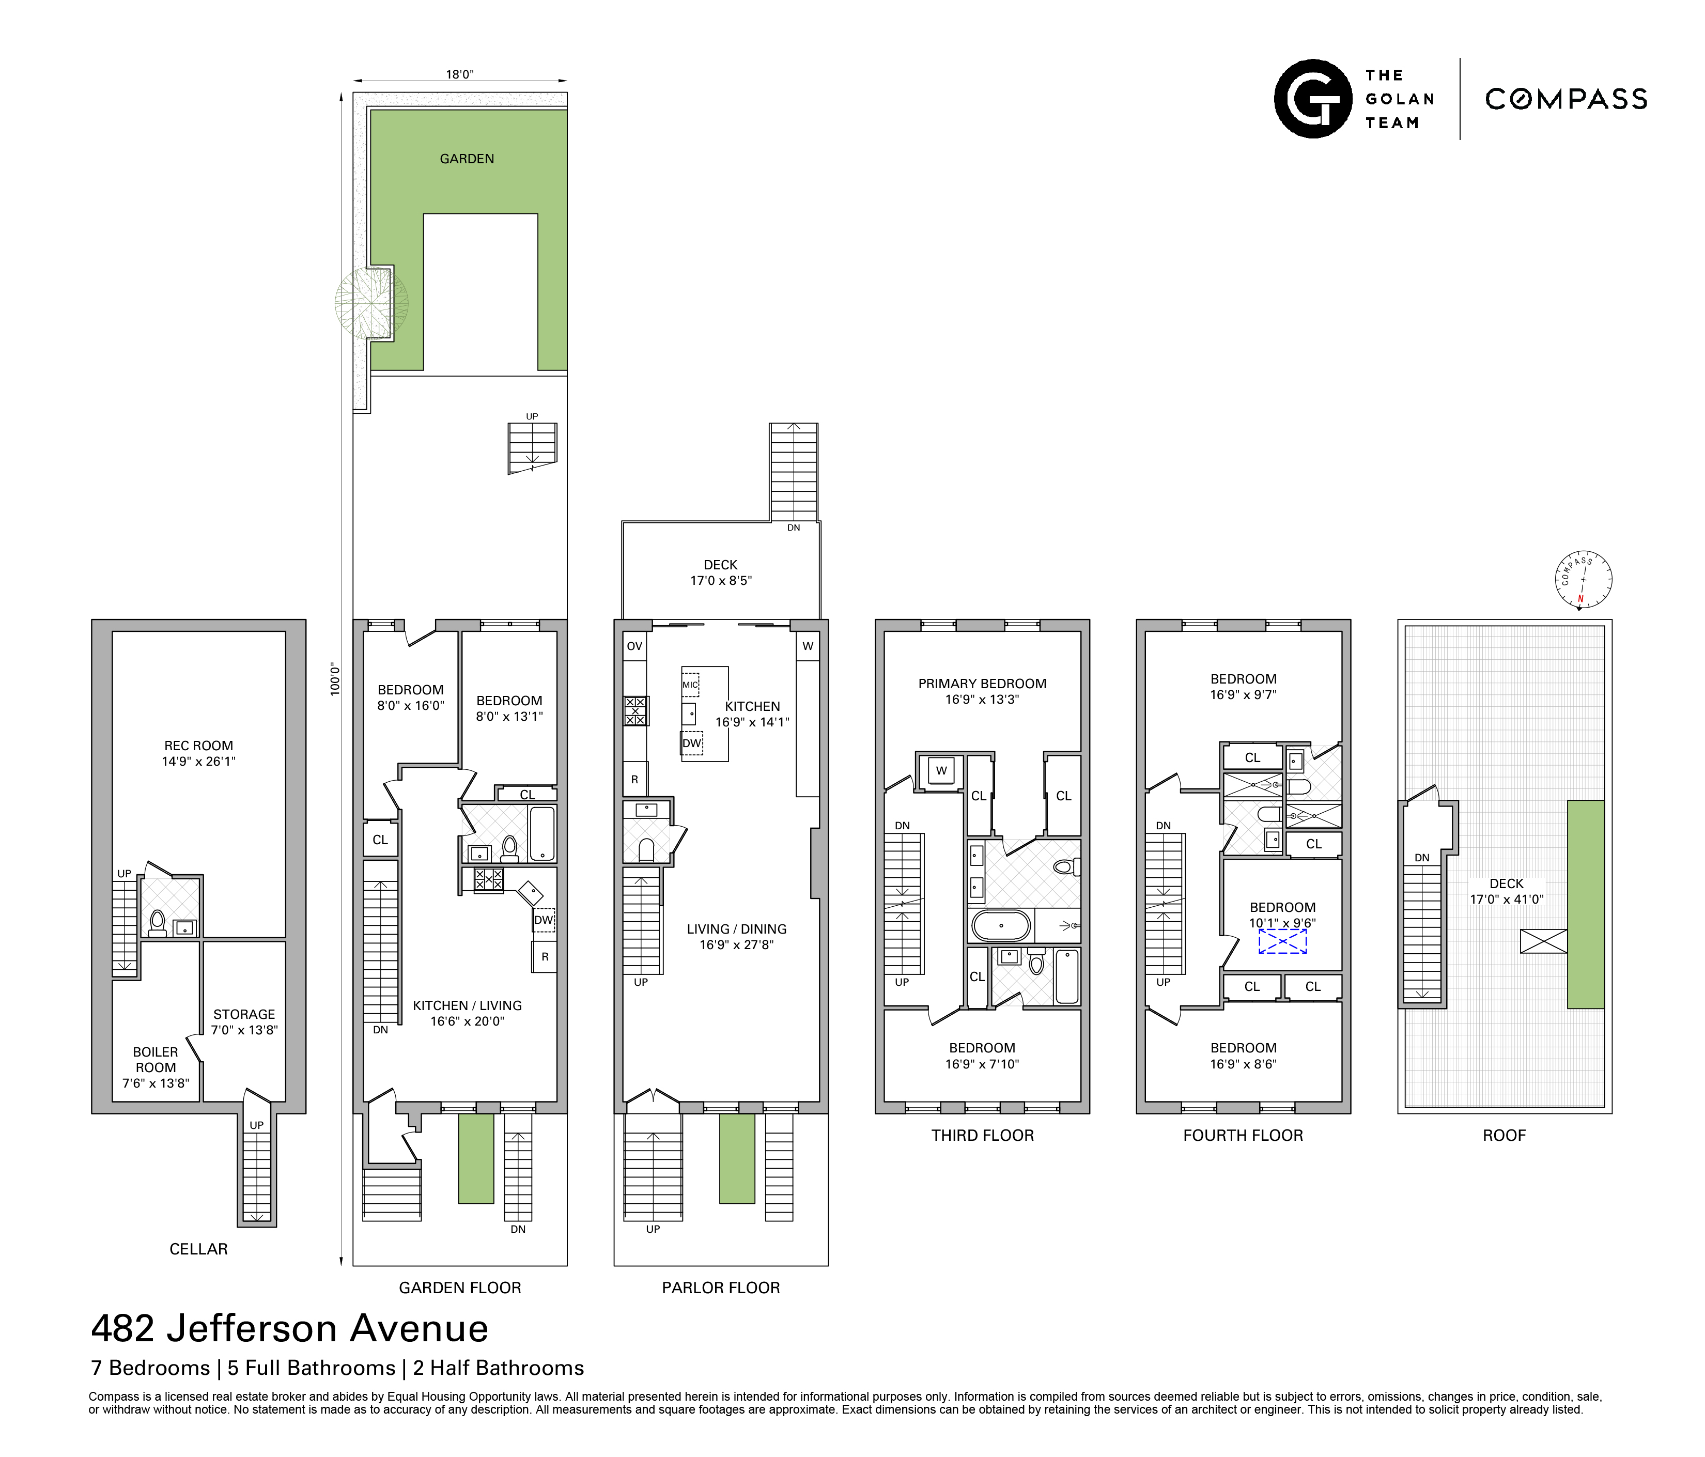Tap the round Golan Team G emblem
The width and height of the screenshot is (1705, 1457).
coord(1312,99)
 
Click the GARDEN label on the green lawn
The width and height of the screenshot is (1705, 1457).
coord(467,159)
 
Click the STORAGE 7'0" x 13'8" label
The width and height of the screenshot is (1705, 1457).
coord(244,1022)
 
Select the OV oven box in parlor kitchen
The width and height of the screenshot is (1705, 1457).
coord(634,646)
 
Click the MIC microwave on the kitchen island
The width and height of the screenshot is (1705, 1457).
coord(690,685)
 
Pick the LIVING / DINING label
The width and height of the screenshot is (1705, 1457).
coord(736,936)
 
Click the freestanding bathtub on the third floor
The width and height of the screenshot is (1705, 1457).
coord(1001,925)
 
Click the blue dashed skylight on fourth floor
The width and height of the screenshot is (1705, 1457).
coord(1282,942)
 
